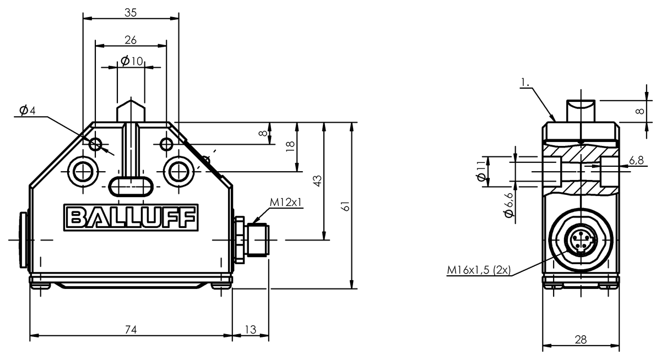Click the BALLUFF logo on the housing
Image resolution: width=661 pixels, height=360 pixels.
pyautogui.click(x=131, y=217)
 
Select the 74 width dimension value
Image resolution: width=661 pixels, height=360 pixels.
pyautogui.click(x=131, y=329)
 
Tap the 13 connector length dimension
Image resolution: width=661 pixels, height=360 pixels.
pyautogui.click(x=251, y=329)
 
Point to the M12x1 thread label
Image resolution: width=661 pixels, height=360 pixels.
pyautogui.click(x=286, y=203)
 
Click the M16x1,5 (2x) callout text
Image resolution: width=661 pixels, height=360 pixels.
pyautogui.click(x=479, y=270)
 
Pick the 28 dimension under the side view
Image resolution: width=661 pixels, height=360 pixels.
pyautogui.click(x=581, y=340)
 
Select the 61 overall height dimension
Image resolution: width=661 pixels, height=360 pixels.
pyautogui.click(x=345, y=206)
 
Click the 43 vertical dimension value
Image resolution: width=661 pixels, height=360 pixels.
pyautogui.click(x=317, y=181)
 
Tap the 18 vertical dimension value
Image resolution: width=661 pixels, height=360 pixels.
pyautogui.click(x=291, y=146)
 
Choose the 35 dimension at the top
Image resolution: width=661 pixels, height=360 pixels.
pyautogui.click(x=131, y=12)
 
